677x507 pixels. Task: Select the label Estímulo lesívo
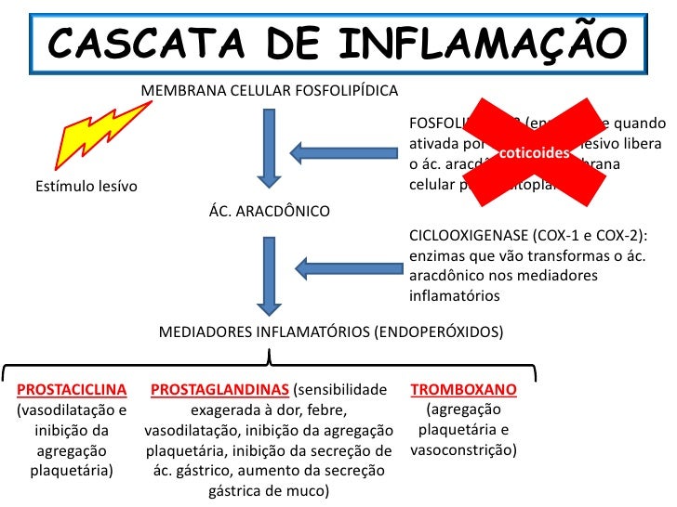86,187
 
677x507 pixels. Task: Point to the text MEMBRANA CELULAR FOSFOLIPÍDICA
270,91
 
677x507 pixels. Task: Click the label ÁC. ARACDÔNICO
270,212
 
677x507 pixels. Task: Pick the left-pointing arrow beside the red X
344,151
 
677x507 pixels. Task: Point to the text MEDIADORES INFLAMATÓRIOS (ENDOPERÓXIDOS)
331,331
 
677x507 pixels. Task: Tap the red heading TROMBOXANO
464,391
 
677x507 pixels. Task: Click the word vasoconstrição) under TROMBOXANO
464,451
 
